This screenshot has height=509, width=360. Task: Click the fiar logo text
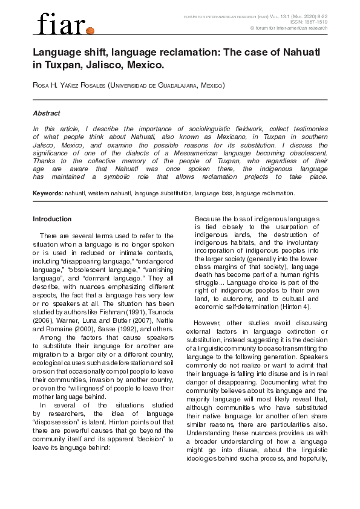[59, 25]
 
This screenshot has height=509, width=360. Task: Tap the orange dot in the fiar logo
[90, 30]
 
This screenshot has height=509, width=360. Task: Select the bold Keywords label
[47, 193]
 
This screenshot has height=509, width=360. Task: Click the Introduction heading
[52, 219]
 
